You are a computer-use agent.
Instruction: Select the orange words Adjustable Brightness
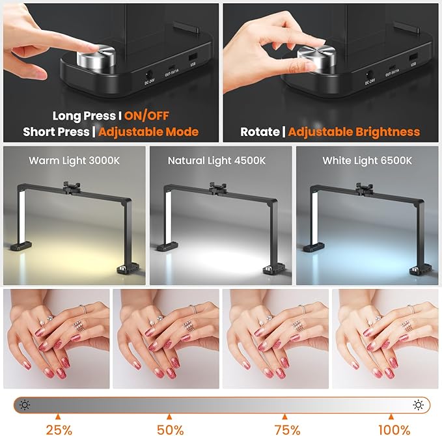(x=354, y=131)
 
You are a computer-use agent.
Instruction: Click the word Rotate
(x=260, y=131)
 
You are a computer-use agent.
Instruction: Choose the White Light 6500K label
(x=366, y=161)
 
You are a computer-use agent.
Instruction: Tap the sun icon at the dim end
(x=25, y=405)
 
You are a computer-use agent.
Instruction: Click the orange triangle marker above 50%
(x=169, y=416)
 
